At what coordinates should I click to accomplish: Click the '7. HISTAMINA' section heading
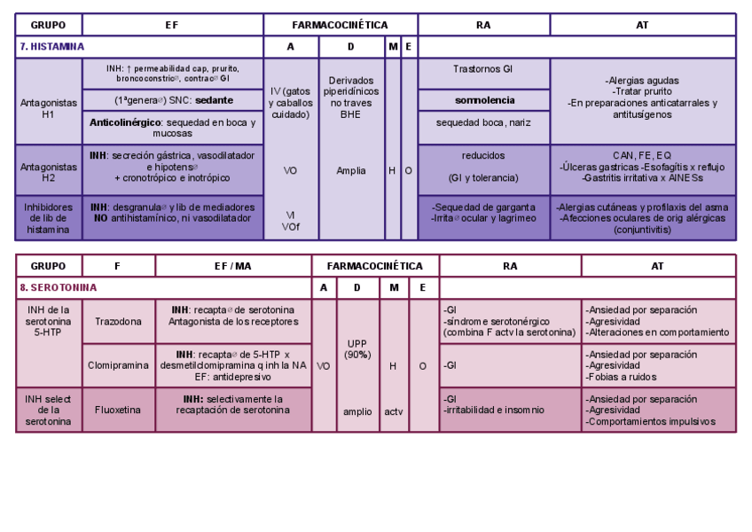tap(52, 47)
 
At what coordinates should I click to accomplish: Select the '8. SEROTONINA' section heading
tap(59, 288)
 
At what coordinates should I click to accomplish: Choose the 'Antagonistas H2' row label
tap(49, 171)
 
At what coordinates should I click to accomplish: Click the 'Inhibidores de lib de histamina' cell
tap(49, 218)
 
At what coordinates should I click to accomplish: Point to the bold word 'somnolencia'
tap(484, 100)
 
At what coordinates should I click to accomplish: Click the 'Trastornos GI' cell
tap(483, 68)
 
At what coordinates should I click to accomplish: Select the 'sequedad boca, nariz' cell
tap(483, 122)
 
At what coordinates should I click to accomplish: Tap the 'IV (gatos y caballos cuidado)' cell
tap(291, 103)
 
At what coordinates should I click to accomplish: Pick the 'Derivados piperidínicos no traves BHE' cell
tap(351, 98)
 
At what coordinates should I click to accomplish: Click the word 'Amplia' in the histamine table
tap(351, 171)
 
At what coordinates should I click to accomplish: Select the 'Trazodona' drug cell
tap(118, 322)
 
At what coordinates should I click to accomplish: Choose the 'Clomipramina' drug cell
tap(118, 365)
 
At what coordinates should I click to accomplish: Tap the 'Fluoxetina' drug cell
tap(118, 411)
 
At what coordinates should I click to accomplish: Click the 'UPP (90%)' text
tap(357, 348)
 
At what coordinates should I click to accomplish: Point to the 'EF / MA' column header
tap(233, 265)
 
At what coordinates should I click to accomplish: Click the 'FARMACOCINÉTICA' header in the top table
tap(341, 25)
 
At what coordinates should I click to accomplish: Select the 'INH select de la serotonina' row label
tap(49, 411)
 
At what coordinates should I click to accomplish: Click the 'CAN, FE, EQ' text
tap(642, 155)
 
